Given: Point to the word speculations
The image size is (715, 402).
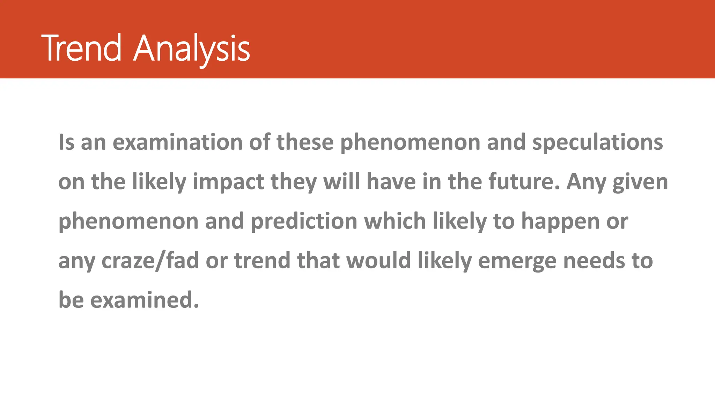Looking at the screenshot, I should pos(597,142).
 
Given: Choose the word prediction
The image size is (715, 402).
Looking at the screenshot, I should pos(304,221).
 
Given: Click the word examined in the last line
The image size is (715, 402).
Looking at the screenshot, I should pos(145,300).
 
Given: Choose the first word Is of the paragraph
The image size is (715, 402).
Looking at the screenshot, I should pos(66,142).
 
